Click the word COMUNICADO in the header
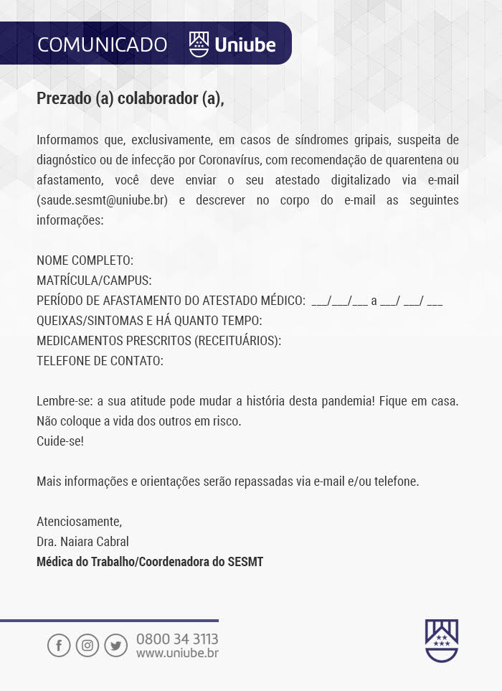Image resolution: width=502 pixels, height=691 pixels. click(102, 44)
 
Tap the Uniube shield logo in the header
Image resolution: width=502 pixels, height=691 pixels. click(199, 44)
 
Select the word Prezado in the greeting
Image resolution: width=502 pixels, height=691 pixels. click(64, 98)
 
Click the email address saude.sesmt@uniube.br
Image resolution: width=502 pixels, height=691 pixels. click(102, 200)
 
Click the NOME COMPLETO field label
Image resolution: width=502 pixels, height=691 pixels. click(85, 260)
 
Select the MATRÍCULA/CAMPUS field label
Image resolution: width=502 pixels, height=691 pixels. click(94, 281)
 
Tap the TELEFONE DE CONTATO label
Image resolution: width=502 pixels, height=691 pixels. click(100, 361)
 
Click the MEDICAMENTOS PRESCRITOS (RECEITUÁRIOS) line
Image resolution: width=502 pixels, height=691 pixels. click(158, 341)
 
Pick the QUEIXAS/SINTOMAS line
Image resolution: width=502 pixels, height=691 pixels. click(149, 321)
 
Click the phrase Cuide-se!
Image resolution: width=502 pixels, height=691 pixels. click(60, 441)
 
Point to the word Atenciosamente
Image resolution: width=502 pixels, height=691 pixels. click(79, 522)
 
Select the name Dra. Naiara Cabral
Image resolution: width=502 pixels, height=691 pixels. click(82, 542)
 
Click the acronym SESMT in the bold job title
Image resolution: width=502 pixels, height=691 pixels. click(245, 562)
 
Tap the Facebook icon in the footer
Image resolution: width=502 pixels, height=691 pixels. click(59, 645)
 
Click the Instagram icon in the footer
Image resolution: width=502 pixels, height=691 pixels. click(87, 645)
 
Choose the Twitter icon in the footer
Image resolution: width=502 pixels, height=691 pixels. click(115, 645)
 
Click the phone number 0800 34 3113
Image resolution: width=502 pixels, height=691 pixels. click(177, 639)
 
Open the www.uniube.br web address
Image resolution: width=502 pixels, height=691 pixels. click(177, 653)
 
